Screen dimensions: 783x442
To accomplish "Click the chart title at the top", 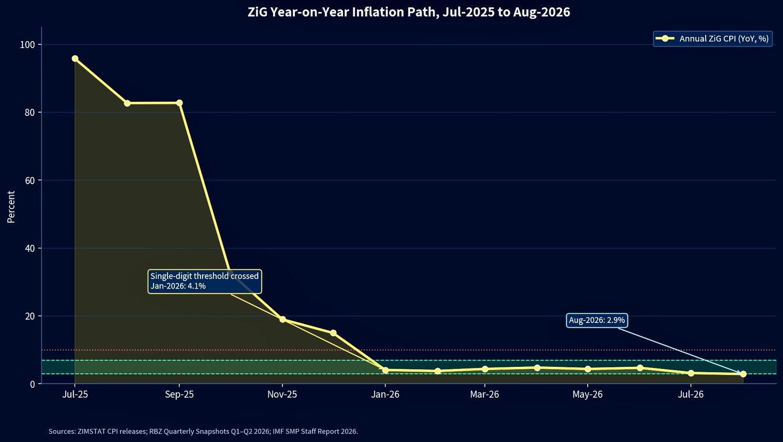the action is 409,12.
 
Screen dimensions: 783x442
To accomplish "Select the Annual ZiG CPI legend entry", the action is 713,39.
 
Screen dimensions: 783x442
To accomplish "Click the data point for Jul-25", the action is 75,58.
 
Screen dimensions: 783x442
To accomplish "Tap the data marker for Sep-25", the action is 180,103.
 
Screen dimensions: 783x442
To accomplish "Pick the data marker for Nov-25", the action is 282,319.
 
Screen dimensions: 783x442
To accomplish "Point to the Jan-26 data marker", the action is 385,370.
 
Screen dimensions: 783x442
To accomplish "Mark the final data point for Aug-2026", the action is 743,374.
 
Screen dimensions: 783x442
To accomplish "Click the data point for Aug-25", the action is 127,103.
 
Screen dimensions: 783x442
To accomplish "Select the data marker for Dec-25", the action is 333,332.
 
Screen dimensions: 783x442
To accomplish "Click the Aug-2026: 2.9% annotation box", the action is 597,320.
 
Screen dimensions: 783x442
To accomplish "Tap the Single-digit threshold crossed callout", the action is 205,281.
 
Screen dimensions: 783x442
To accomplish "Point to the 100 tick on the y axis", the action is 28,45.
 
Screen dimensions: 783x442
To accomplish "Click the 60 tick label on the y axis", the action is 30,180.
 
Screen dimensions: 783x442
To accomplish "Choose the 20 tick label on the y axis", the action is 30,316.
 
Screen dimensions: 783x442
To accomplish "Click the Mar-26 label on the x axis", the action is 484,395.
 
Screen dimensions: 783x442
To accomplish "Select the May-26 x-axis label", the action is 588,395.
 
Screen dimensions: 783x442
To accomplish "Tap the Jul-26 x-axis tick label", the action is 691,395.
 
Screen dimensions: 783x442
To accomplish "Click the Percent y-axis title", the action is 11,207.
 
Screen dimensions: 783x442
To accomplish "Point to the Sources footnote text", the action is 203,431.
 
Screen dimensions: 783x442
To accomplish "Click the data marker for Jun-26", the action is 639,367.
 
